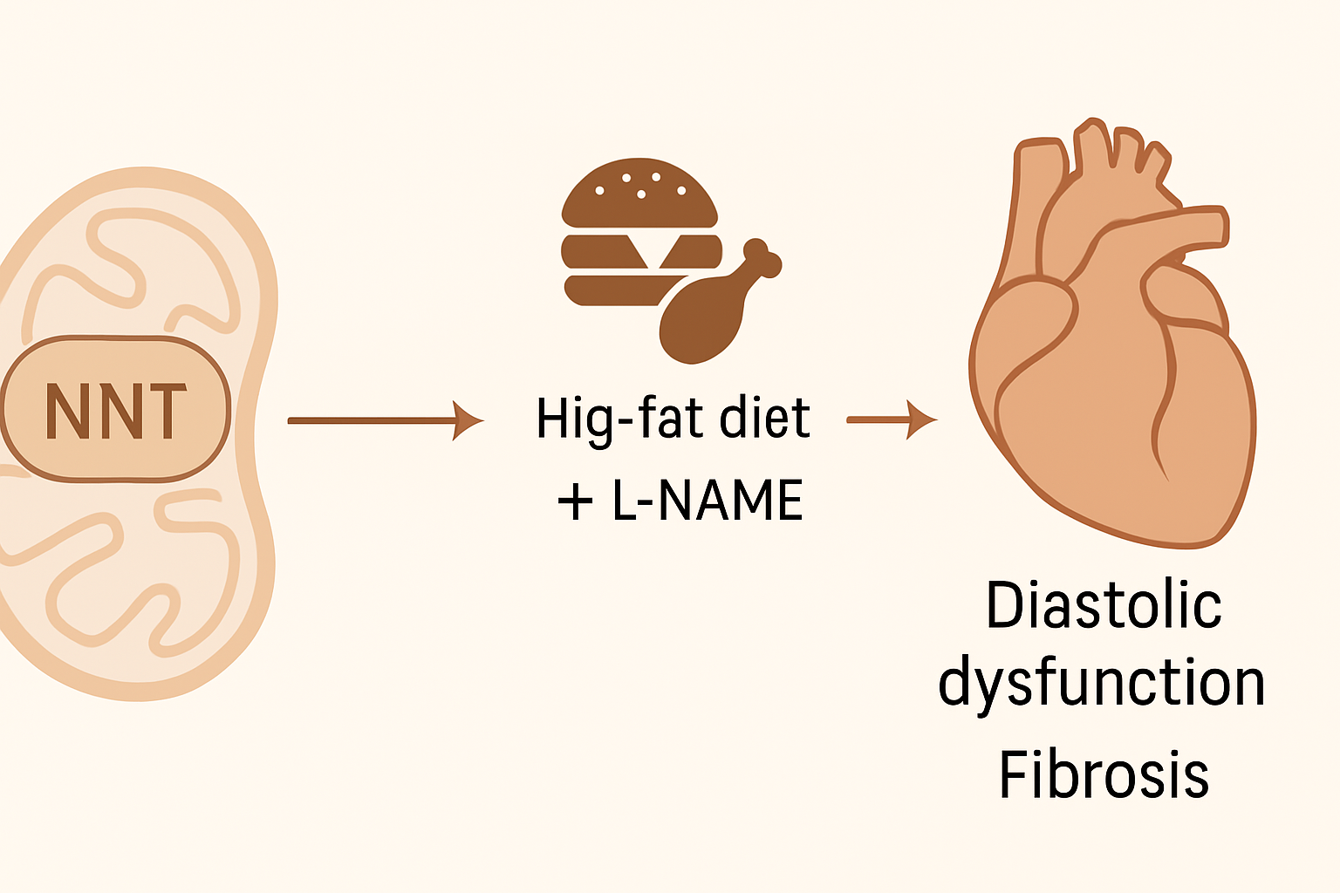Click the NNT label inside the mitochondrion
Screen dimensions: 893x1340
pyautogui.click(x=115, y=410)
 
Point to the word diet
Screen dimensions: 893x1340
pyautogui.click(x=765, y=418)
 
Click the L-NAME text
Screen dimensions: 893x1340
pyautogui.click(x=708, y=501)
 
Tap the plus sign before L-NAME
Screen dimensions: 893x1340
pyautogui.click(x=575, y=502)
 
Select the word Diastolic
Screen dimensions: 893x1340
pyautogui.click(x=1103, y=605)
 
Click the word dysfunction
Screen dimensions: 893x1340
pyautogui.click(x=1101, y=682)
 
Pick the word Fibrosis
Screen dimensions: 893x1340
pyautogui.click(x=1104, y=774)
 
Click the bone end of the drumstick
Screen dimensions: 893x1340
pyautogui.click(x=762, y=256)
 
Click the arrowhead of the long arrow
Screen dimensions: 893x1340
pyautogui.click(x=469, y=420)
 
